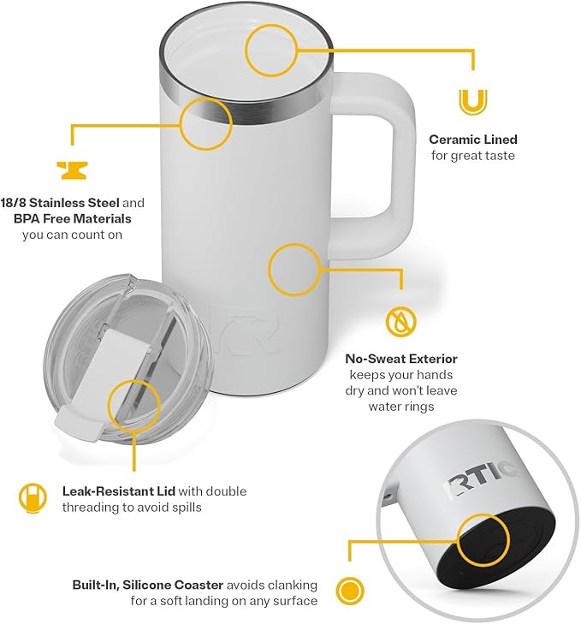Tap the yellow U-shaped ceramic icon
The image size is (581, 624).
pyautogui.click(x=471, y=102)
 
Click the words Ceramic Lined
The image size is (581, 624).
pyautogui.click(x=472, y=140)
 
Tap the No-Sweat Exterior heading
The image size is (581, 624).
pyautogui.click(x=400, y=359)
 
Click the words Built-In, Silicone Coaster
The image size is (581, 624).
pyautogui.click(x=148, y=585)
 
